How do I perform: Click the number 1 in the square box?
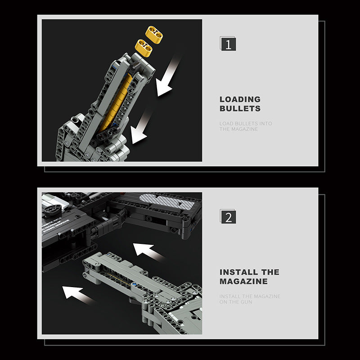tap(228, 44)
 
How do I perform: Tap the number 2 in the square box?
tap(228, 217)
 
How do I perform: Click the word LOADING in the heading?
tap(240, 99)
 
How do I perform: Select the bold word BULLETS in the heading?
tap(240, 108)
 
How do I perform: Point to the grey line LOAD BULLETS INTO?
tap(246, 123)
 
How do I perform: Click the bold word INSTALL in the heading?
tap(239, 272)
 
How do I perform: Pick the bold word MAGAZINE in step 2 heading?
tap(243, 281)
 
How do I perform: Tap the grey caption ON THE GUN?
tap(236, 302)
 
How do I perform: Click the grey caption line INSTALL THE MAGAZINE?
tap(250, 296)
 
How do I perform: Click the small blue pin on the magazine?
tap(134, 285)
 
